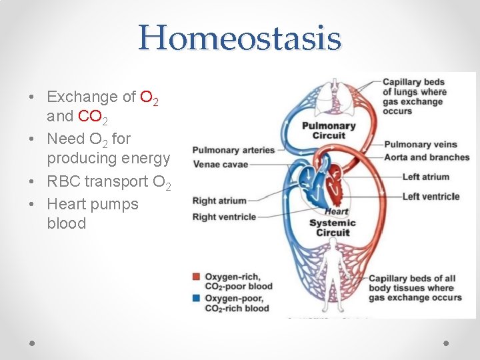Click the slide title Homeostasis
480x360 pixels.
[239, 38]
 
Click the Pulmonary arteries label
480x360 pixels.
[233, 150]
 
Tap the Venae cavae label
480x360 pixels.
[220, 164]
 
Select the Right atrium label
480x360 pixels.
[219, 201]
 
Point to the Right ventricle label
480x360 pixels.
[224, 217]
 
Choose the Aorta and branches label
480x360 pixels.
[427, 157]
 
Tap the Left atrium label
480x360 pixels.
[425, 177]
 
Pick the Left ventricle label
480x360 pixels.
[431, 197]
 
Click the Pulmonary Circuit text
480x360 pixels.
[329, 131]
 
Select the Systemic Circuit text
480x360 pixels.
[333, 227]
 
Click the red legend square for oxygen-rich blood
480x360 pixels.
[196, 277]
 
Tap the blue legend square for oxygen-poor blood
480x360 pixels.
[196, 299]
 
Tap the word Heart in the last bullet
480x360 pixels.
[67, 204]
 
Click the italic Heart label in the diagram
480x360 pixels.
[337, 211]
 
